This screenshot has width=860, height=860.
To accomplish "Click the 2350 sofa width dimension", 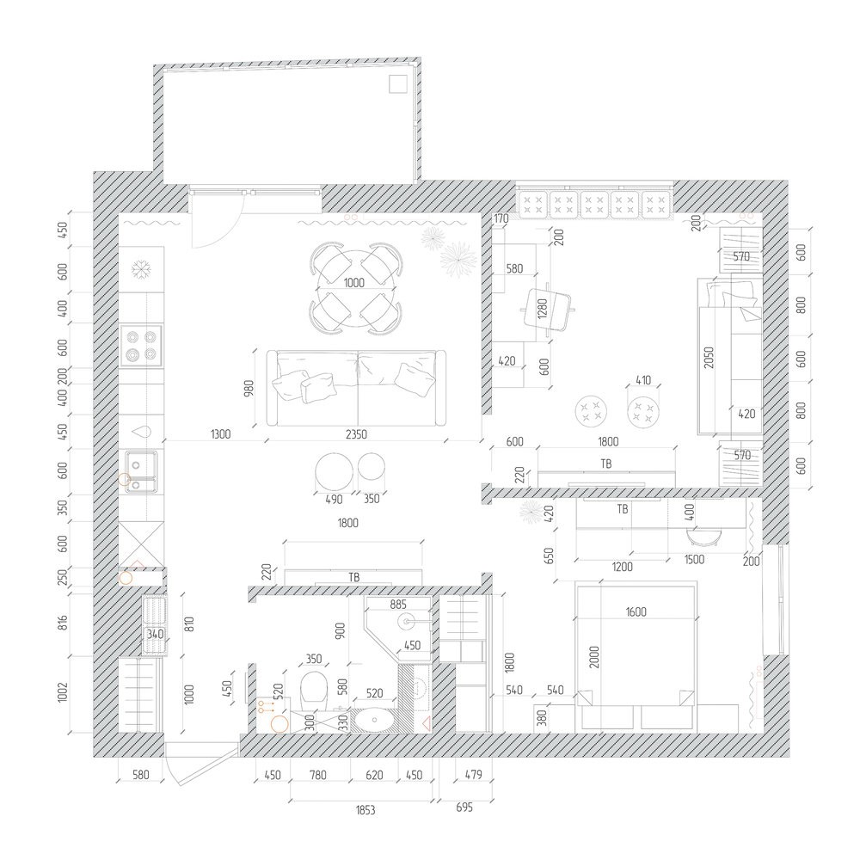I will [354, 434].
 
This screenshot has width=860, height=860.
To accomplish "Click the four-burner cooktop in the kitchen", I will [141, 344].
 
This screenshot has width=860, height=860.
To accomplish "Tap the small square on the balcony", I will [398, 83].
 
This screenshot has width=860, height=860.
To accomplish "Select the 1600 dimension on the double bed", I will [636, 612].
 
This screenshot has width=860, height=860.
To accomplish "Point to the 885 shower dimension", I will [397, 605].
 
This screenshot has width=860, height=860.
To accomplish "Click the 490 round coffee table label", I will [334, 499].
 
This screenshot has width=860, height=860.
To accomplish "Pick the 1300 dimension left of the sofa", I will [220, 434].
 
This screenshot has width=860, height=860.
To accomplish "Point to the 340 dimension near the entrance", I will [156, 635].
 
